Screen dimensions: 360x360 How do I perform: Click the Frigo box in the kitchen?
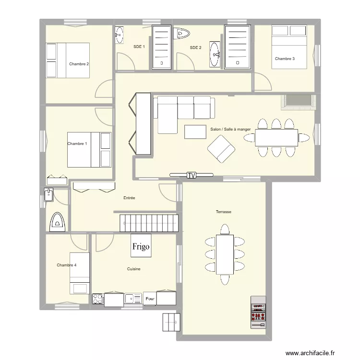(141, 246)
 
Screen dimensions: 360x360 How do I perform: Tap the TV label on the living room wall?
(192, 175)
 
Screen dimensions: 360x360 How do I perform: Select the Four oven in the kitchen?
(150, 299)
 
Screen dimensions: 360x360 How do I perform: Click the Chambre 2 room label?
(79, 64)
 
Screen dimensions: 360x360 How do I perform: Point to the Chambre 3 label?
(285, 59)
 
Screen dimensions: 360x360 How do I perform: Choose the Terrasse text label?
(224, 212)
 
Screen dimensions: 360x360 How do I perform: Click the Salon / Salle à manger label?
(230, 129)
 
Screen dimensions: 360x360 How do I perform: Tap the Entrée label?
(129, 198)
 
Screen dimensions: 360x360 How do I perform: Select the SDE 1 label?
(139, 47)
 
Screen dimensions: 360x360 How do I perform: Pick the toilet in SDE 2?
(183, 33)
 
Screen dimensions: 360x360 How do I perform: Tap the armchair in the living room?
(221, 149)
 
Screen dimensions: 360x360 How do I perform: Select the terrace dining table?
(225, 254)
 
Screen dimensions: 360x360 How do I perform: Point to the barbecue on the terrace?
(258, 312)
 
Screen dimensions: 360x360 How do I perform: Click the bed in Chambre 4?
(79, 273)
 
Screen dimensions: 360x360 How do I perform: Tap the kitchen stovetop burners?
(98, 299)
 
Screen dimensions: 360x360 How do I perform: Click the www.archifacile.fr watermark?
(310, 353)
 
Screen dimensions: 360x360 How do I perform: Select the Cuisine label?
(134, 269)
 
